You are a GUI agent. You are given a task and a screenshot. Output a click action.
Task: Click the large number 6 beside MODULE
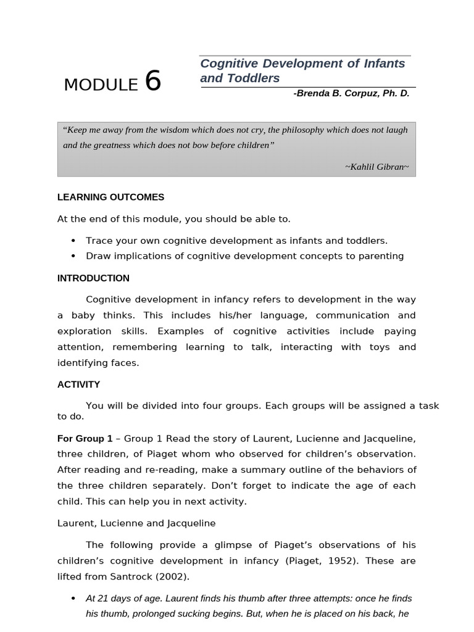click(152, 81)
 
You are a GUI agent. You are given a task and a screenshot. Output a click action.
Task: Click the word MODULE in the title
click(101, 85)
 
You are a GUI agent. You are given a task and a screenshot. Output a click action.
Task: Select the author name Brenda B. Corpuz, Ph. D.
click(351, 93)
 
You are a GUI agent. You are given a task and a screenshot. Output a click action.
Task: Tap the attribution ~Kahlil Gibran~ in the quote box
click(376, 167)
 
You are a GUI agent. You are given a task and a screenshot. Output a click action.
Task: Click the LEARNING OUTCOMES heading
click(110, 197)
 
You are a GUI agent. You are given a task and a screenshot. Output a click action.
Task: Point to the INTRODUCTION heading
click(93, 278)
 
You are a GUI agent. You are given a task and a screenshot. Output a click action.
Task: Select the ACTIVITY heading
click(78, 384)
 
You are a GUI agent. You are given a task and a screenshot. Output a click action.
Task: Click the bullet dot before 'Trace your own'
click(73, 241)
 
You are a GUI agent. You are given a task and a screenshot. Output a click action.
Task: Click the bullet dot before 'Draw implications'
click(73, 256)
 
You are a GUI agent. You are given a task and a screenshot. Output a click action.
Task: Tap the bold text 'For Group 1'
click(85, 438)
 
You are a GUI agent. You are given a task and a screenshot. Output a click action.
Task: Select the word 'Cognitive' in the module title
click(228, 64)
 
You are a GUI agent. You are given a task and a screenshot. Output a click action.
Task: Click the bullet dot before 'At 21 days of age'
click(73, 599)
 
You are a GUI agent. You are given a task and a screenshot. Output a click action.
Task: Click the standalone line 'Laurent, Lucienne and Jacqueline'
click(136, 523)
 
